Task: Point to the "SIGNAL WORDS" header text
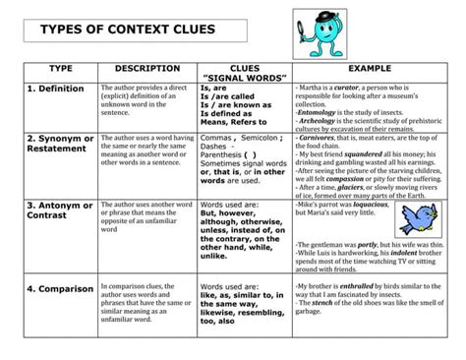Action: [x=243, y=78]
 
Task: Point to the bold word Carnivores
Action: [x=326, y=139]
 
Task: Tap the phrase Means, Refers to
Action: [x=236, y=123]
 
